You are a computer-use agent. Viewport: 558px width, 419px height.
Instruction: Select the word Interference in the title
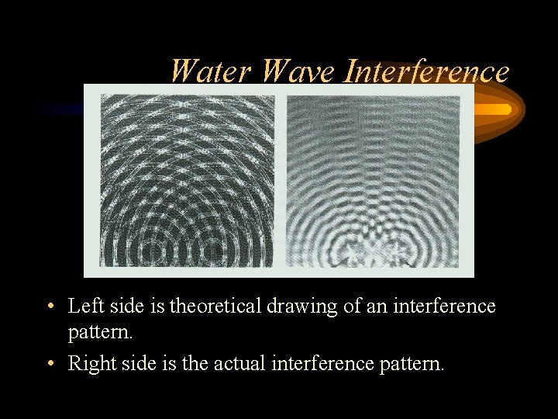(x=427, y=72)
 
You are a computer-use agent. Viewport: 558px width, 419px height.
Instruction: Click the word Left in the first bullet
(x=83, y=306)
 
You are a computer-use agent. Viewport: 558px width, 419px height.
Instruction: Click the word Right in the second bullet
(x=88, y=362)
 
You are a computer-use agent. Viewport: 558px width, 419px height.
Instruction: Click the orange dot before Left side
(x=49, y=306)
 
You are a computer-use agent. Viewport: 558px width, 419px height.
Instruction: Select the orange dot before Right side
(x=49, y=362)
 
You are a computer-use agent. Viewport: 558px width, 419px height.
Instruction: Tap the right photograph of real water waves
(x=373, y=181)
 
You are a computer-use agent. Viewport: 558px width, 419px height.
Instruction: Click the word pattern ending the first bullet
(x=98, y=334)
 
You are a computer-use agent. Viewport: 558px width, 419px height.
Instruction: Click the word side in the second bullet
(x=135, y=362)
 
